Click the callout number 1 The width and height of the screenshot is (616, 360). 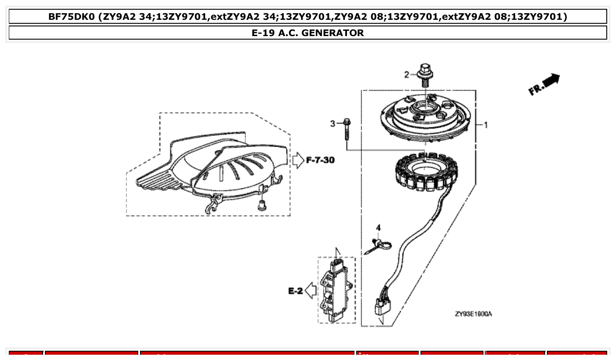[486, 125]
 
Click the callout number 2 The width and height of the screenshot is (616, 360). [407, 75]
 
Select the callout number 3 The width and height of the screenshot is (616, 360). [333, 124]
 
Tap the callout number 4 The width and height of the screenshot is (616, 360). [378, 228]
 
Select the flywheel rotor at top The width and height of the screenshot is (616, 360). [425, 117]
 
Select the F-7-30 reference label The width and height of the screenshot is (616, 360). [320, 160]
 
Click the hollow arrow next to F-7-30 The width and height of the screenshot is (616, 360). [299, 160]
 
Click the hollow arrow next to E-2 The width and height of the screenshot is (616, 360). [310, 291]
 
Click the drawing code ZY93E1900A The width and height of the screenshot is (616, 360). [473, 314]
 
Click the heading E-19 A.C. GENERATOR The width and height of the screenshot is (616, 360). [308, 33]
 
